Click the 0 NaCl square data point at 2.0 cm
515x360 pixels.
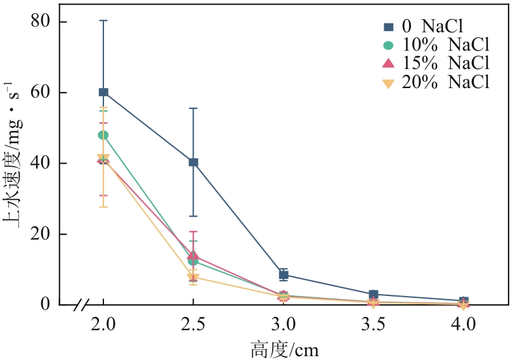click(x=103, y=93)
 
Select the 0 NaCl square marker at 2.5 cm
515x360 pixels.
click(x=193, y=162)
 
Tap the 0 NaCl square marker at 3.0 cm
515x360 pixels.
click(x=284, y=274)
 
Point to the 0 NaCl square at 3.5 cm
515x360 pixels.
click(x=374, y=295)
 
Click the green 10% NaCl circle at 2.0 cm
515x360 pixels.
click(x=103, y=135)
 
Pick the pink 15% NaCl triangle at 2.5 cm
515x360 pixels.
click(x=193, y=255)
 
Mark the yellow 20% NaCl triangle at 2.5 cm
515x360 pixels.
click(x=193, y=278)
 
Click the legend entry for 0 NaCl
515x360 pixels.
click(x=425, y=27)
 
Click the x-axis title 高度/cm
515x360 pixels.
click(x=284, y=348)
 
